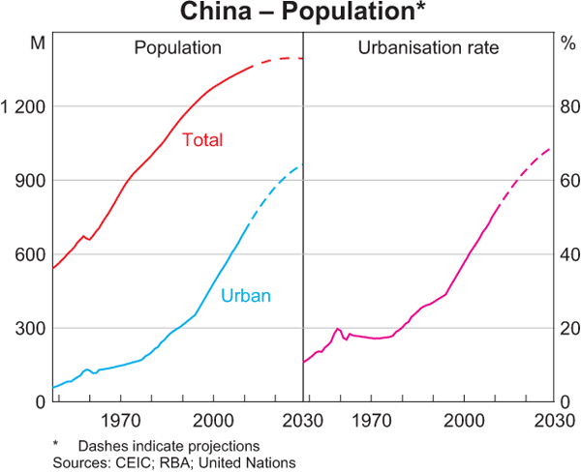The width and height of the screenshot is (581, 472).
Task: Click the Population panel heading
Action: [178, 46]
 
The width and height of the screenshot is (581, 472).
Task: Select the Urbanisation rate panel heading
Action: [429, 46]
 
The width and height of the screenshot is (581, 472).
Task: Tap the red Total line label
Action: [202, 140]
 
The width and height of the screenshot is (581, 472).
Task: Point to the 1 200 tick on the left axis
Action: [24, 106]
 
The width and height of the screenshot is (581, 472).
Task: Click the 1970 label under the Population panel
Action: [120, 420]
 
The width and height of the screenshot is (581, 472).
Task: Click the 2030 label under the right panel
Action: [548, 420]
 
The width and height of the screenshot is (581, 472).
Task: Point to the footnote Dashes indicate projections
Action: [168, 446]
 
